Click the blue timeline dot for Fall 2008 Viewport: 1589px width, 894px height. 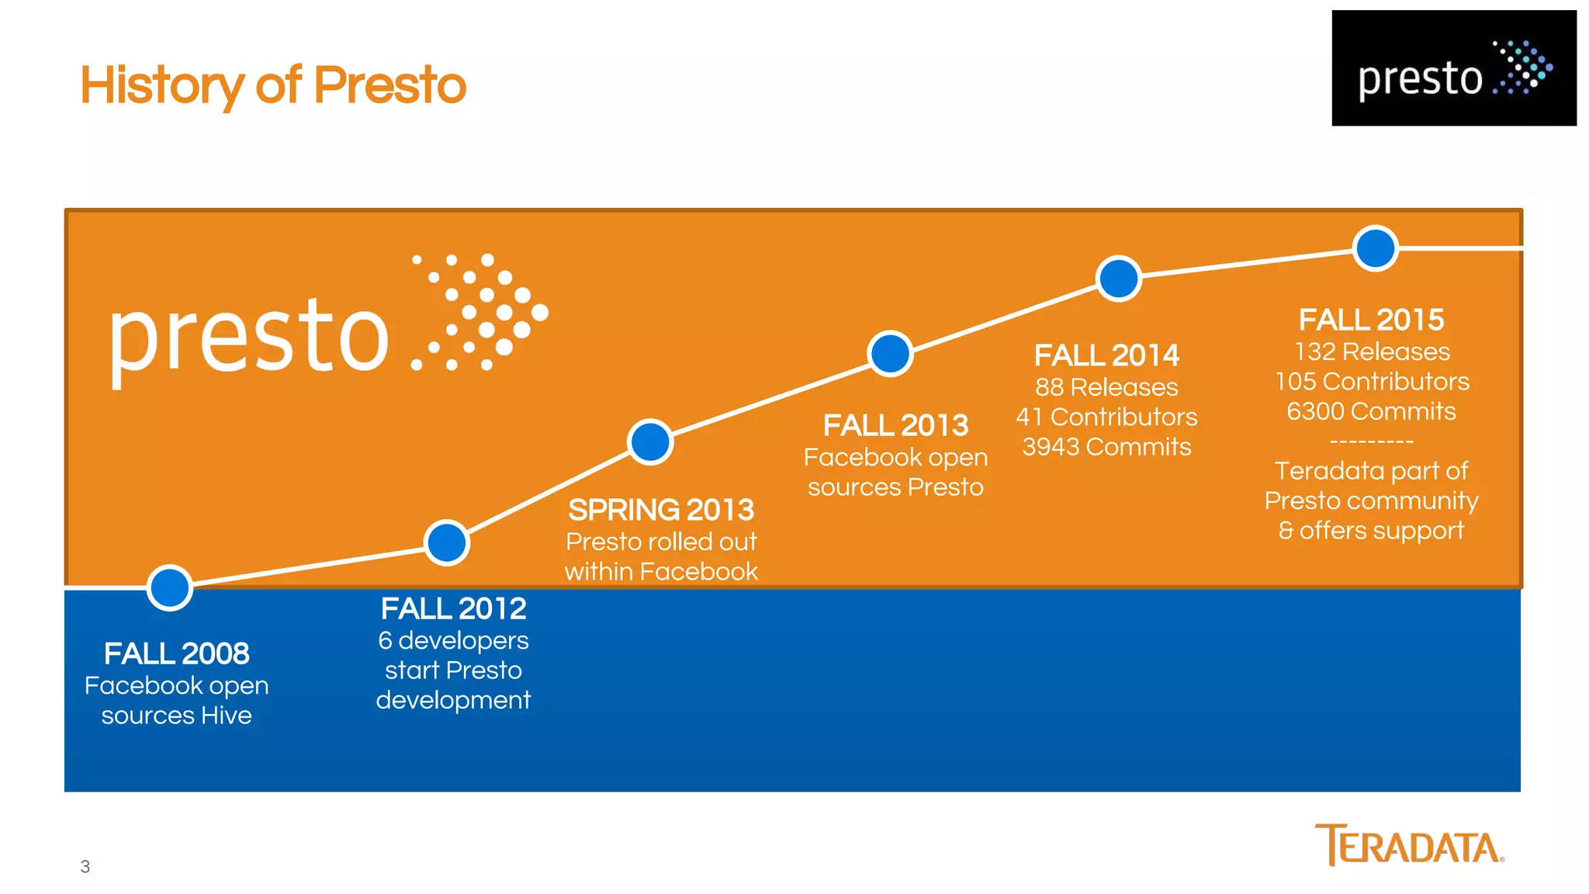click(x=170, y=588)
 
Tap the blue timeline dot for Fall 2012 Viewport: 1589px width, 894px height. click(x=447, y=542)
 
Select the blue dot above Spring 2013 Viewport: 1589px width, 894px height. click(x=650, y=442)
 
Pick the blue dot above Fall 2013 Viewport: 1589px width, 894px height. click(x=890, y=354)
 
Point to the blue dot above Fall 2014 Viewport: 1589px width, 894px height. click(x=1119, y=279)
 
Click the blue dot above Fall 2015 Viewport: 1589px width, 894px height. click(x=1376, y=248)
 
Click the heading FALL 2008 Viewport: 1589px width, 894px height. click(x=177, y=654)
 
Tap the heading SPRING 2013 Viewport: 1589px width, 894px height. click(x=661, y=511)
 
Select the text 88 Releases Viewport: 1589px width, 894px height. click(x=1106, y=387)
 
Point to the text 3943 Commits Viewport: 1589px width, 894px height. click(x=1106, y=447)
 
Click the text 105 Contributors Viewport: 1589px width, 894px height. click(x=1372, y=382)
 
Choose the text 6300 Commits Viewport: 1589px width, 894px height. click(x=1371, y=411)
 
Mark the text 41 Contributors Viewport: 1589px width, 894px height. click(x=1106, y=418)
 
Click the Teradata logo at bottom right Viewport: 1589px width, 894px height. click(x=1409, y=845)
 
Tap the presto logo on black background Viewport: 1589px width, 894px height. click(x=1454, y=68)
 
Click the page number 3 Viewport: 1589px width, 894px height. click(x=85, y=867)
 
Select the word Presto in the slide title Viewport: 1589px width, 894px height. click(x=389, y=85)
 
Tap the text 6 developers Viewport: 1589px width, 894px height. click(x=453, y=641)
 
